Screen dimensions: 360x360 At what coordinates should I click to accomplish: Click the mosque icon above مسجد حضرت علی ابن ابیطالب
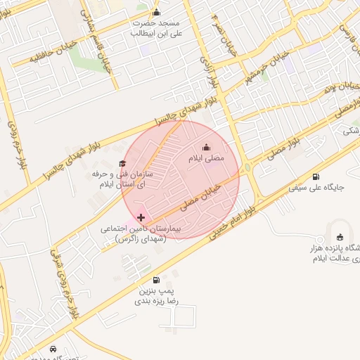pyautogui.click(x=156, y=12)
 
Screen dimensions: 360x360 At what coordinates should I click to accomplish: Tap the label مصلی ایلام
pyautogui.click(x=205, y=159)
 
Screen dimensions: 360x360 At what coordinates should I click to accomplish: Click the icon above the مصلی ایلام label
pyautogui.click(x=206, y=147)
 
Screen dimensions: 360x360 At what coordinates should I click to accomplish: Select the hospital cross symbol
pyautogui.click(x=141, y=217)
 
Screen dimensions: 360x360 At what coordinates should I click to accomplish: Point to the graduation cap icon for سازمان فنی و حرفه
pyautogui.click(x=122, y=163)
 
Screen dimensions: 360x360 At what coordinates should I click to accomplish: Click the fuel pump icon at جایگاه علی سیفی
pyautogui.click(x=315, y=176)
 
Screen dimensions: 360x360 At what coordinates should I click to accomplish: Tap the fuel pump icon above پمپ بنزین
pyautogui.click(x=155, y=279)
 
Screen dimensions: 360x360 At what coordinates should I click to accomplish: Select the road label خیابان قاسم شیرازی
pyautogui.click(x=101, y=44)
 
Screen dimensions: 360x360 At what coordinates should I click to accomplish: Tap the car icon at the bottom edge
pyautogui.click(x=53, y=348)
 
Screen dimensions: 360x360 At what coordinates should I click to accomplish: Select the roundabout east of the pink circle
pyautogui.click(x=248, y=168)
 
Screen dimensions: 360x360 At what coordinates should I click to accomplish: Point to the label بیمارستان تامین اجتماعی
pyautogui.click(x=141, y=233)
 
